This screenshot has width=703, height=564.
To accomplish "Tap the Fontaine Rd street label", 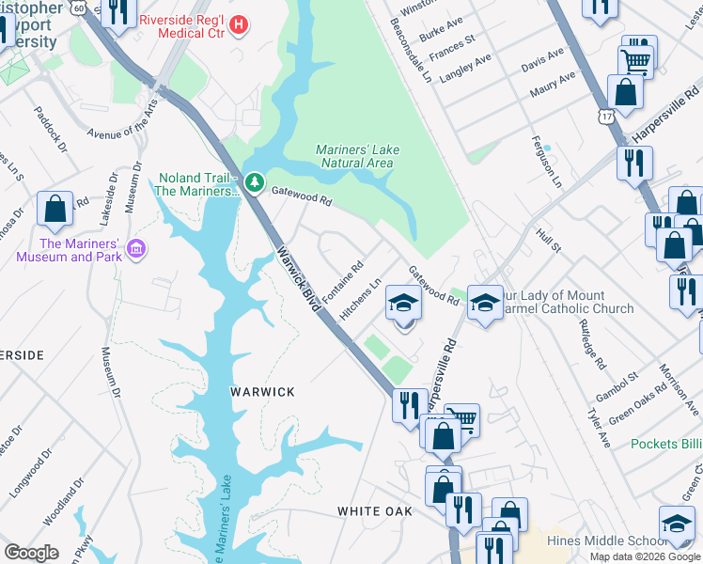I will (343, 282).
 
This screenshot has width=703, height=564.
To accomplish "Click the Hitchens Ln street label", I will (360, 298).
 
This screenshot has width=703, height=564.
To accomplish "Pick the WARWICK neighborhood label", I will (263, 391).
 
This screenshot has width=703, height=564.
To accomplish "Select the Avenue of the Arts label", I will (118, 120).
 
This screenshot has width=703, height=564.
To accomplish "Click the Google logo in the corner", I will (31, 553).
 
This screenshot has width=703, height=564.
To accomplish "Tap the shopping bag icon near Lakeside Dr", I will (55, 209).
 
